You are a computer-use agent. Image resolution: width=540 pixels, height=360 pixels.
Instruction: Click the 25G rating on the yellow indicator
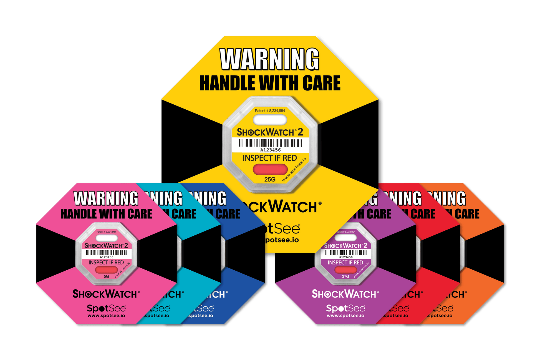pyautogui.click(x=270, y=180)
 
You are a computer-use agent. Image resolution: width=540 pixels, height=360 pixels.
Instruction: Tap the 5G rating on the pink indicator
pyautogui.click(x=106, y=276)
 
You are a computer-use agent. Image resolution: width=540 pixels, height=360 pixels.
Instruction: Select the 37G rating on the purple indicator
pyautogui.click(x=345, y=276)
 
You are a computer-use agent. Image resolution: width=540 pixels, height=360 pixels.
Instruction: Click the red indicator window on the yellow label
pyautogui.click(x=270, y=169)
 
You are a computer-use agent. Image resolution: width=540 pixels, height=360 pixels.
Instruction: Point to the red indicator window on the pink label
pyautogui.click(x=107, y=270)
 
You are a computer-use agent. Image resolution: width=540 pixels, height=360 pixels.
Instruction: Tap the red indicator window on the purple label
pyautogui.click(x=345, y=270)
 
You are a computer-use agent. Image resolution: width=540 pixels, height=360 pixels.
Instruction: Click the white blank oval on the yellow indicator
pyautogui.click(x=270, y=120)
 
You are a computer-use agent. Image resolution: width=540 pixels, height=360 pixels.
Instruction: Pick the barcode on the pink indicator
pyautogui.click(x=107, y=253)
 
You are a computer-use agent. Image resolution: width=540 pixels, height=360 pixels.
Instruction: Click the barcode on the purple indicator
pyautogui.click(x=346, y=253)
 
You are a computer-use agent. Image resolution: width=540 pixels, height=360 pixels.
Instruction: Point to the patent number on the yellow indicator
pyautogui.click(x=270, y=111)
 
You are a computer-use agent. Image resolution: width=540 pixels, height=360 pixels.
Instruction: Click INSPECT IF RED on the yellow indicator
pyautogui.click(x=270, y=158)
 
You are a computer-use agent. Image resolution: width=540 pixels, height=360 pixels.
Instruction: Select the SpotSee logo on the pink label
pyautogui.click(x=106, y=308)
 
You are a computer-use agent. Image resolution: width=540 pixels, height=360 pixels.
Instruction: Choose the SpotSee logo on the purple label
pyautogui.click(x=345, y=308)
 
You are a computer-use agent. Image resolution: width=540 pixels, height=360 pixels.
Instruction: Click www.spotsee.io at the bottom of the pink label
pyautogui.click(x=106, y=316)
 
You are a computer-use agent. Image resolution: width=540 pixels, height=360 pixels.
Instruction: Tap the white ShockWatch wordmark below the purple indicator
pyautogui.click(x=345, y=294)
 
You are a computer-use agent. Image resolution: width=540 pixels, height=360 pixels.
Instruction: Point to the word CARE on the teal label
pyautogui.click(x=184, y=214)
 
